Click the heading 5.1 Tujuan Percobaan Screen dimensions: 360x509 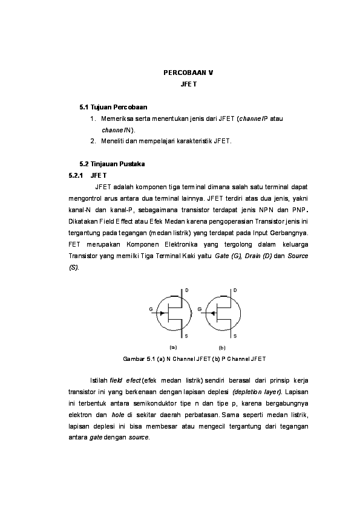(114, 107)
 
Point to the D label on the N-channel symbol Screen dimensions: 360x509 (186, 291)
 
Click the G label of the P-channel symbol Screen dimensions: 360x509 (199, 310)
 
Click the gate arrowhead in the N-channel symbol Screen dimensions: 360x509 (162, 314)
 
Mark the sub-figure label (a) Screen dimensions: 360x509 (173, 348)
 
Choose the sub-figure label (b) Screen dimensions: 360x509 (221, 348)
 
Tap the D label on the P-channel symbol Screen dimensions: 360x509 (235, 291)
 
